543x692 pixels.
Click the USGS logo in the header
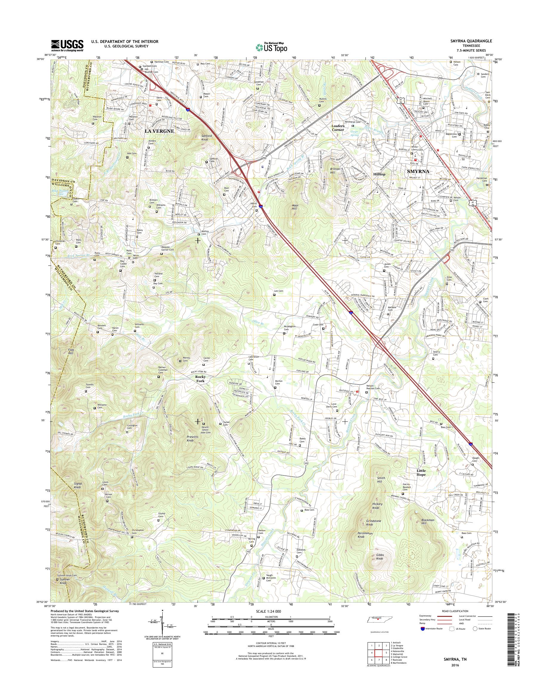click(67, 45)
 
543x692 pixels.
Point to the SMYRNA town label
click(418, 171)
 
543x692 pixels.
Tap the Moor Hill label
click(295, 207)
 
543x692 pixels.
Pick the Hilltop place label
click(379, 174)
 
